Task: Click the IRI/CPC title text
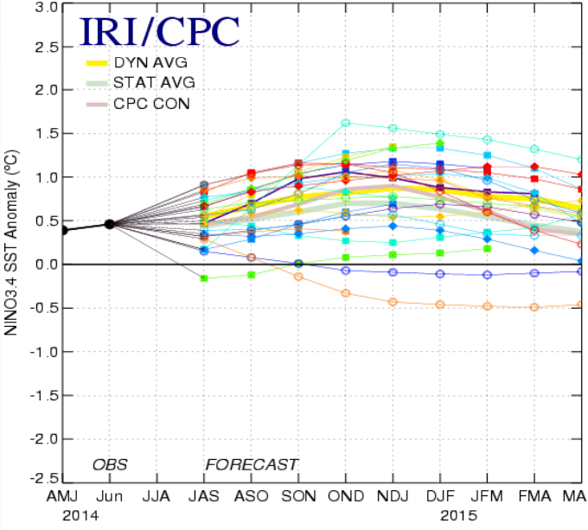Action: click(160, 31)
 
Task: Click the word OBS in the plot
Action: click(110, 464)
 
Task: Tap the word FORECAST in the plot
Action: click(251, 464)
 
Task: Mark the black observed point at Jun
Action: click(110, 224)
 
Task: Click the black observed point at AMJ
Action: click(63, 230)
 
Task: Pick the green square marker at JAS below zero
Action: click(204, 278)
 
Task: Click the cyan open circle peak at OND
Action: click(346, 123)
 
